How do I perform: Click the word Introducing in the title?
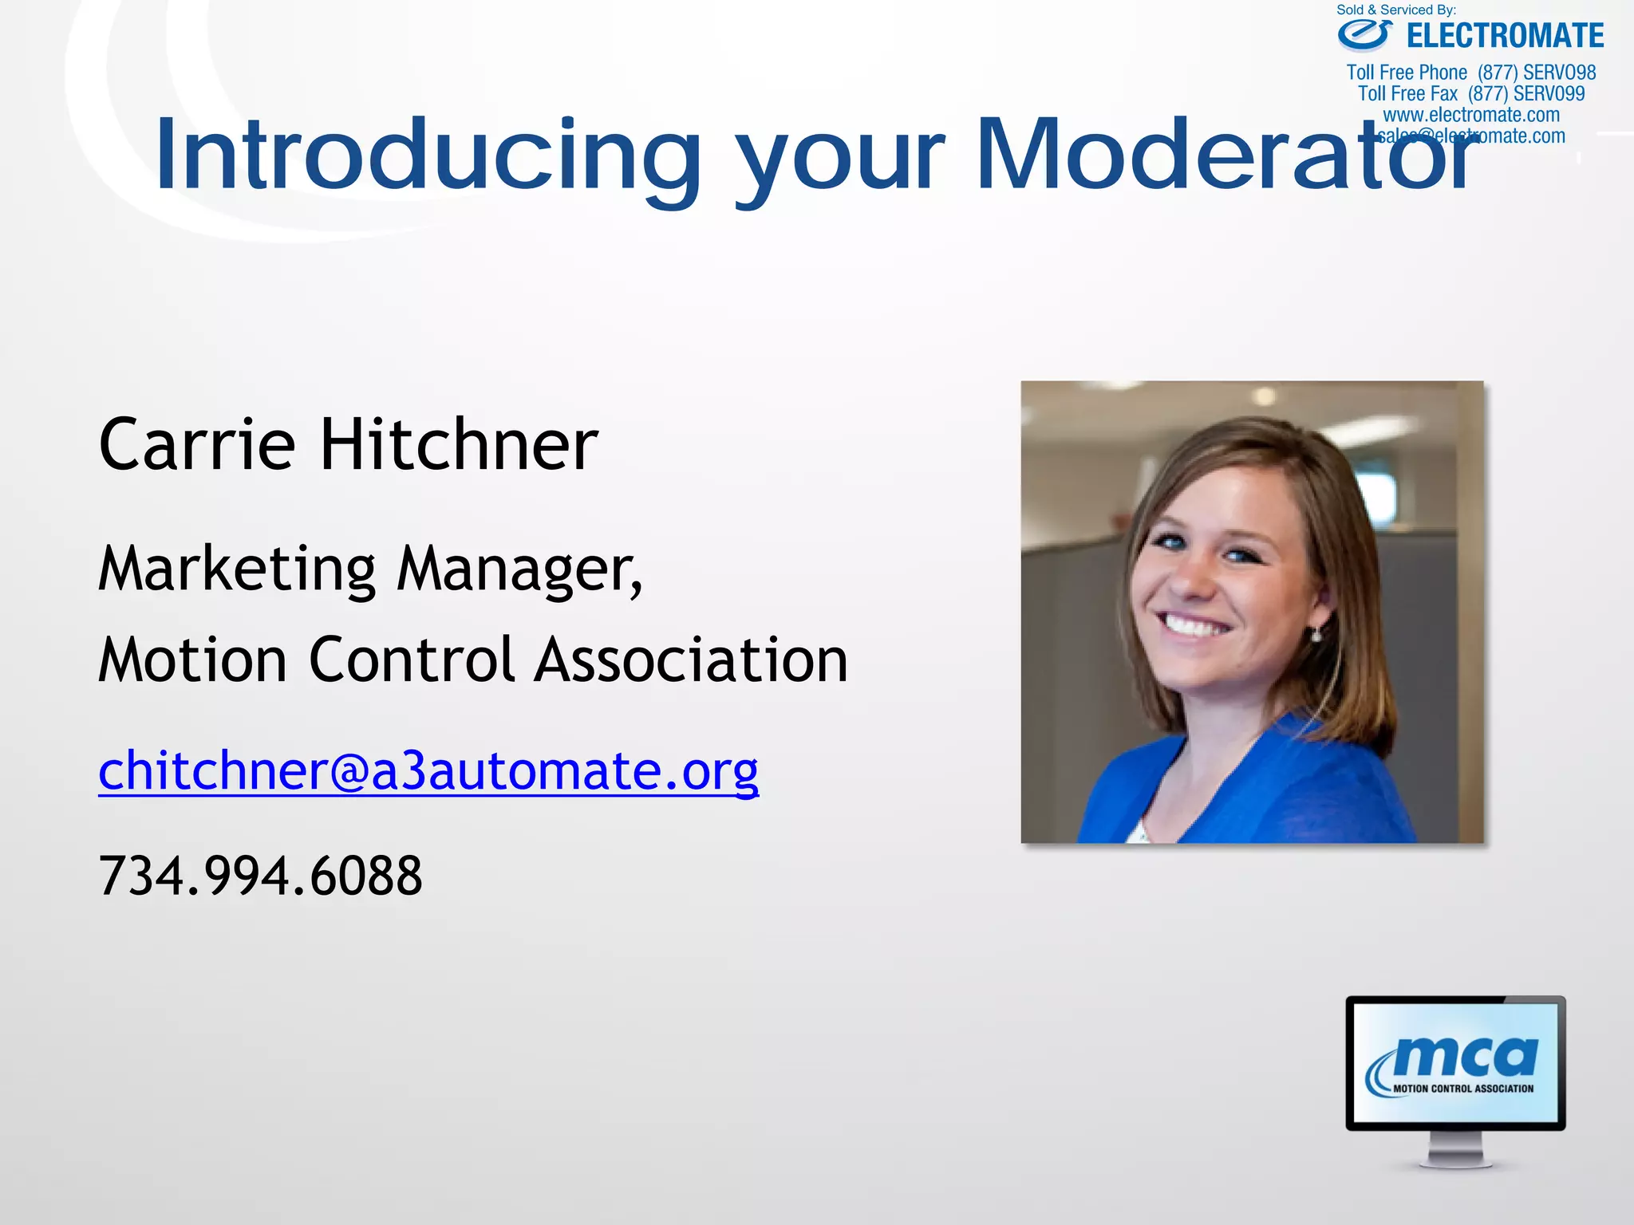(x=427, y=156)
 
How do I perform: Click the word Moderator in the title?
(x=1225, y=156)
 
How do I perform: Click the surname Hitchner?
(x=459, y=445)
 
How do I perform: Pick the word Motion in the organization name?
(x=191, y=660)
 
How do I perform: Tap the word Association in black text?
(x=691, y=660)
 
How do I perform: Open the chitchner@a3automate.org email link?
(x=428, y=771)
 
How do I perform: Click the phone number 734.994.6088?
(x=260, y=876)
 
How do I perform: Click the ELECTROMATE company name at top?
(x=1505, y=37)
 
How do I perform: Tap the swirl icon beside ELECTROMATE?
(x=1365, y=34)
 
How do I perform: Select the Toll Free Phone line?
(x=1470, y=73)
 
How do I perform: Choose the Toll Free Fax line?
(x=1470, y=94)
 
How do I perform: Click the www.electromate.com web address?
(x=1470, y=115)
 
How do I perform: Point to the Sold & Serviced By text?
(x=1395, y=10)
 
